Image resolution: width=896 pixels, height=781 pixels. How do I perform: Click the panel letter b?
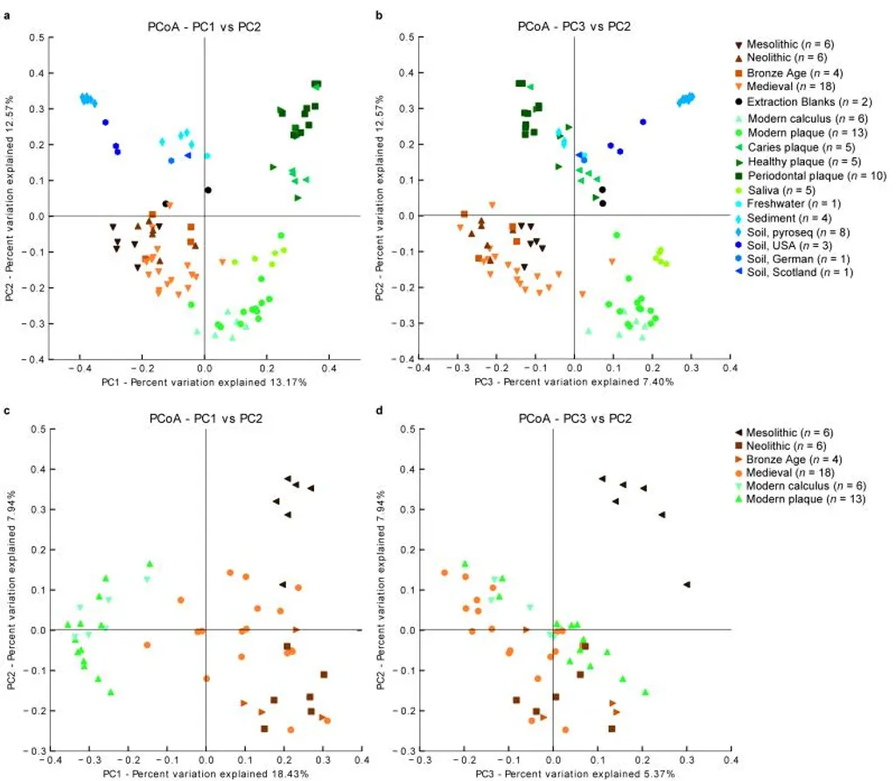[x=378, y=15]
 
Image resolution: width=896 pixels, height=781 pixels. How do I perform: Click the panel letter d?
[x=378, y=408]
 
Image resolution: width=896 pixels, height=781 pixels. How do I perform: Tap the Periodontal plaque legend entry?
[x=795, y=176]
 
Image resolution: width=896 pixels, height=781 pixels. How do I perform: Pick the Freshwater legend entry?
[x=787, y=206]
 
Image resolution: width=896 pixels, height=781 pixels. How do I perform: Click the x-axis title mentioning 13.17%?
[x=204, y=383]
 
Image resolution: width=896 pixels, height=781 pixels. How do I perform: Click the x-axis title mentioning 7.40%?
[x=573, y=383]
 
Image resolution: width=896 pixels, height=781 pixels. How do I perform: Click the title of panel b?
[x=573, y=26]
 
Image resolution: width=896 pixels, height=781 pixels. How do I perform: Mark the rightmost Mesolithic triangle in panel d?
[x=687, y=584]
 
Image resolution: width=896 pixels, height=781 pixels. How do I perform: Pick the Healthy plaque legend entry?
[x=792, y=161]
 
